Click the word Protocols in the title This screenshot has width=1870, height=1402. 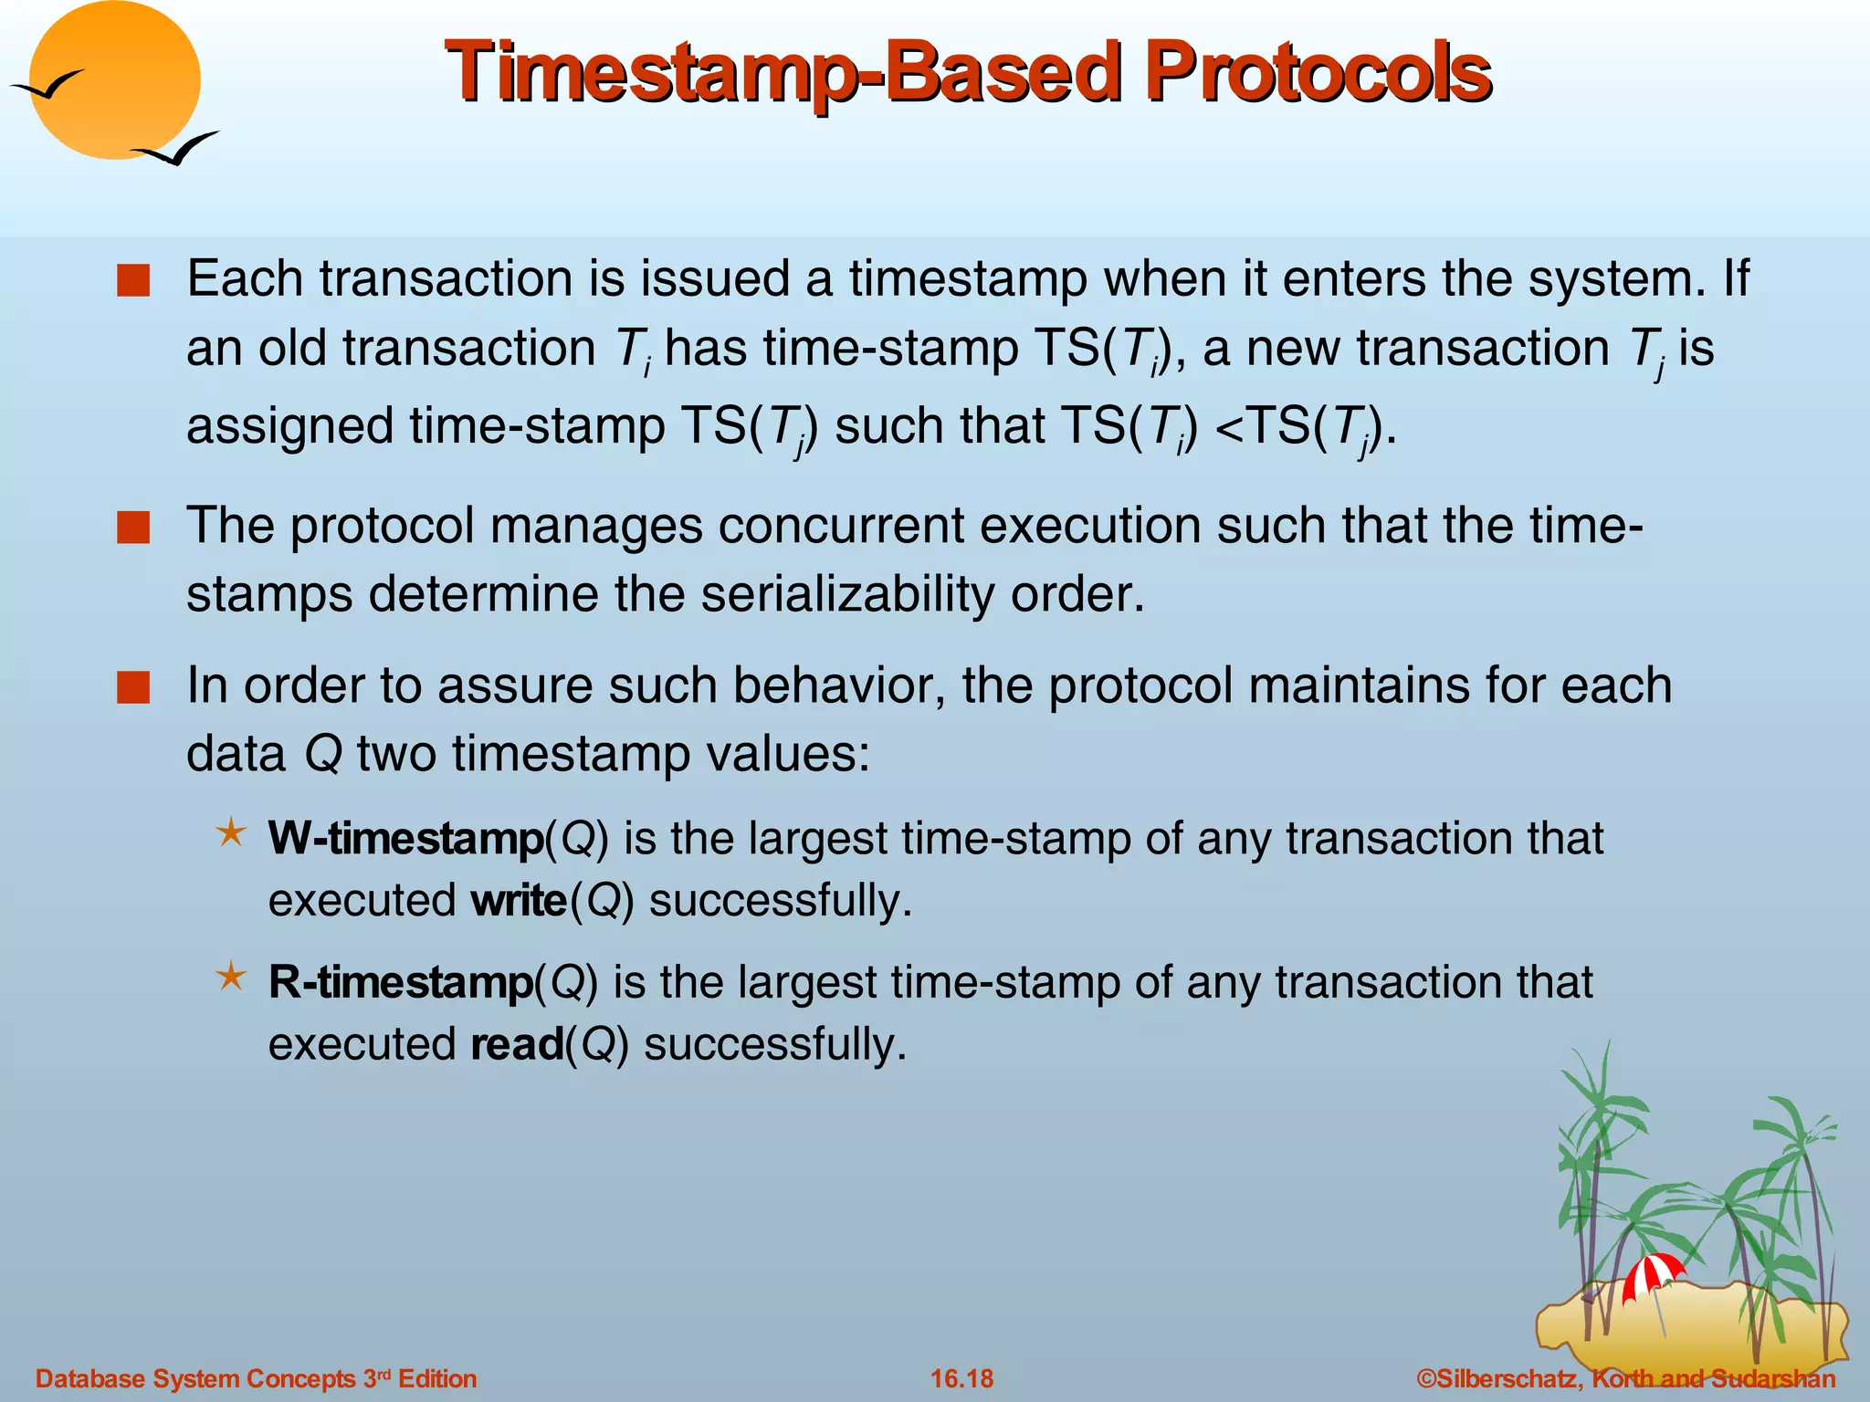tap(1318, 73)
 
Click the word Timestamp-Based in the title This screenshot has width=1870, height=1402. tap(783, 73)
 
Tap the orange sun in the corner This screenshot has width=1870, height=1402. tap(114, 80)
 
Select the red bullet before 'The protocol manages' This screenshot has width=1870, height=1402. tap(133, 528)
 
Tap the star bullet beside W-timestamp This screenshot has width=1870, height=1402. tap(231, 832)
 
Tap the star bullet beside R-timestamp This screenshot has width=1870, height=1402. tap(231, 977)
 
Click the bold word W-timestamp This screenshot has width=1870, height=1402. tap(406, 838)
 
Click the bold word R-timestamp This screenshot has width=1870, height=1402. tap(401, 982)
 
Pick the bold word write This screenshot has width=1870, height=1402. tap(519, 900)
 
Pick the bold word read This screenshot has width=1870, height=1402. tap(517, 1044)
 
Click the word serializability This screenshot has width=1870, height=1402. tap(847, 594)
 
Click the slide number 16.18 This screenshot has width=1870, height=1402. tap(961, 1378)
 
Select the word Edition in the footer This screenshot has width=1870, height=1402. tap(437, 1378)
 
